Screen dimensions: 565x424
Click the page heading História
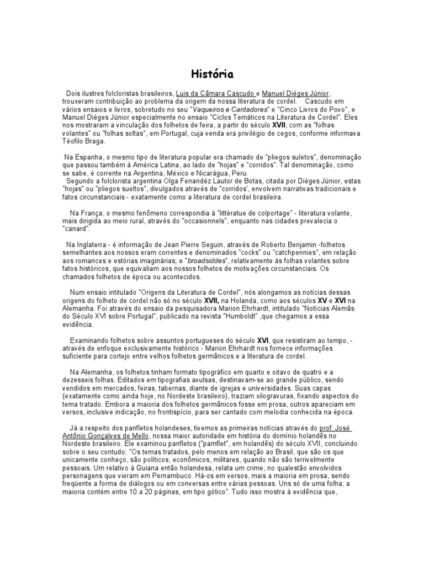tap(212, 74)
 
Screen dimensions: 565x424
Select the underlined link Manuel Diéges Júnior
tap(296, 94)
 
